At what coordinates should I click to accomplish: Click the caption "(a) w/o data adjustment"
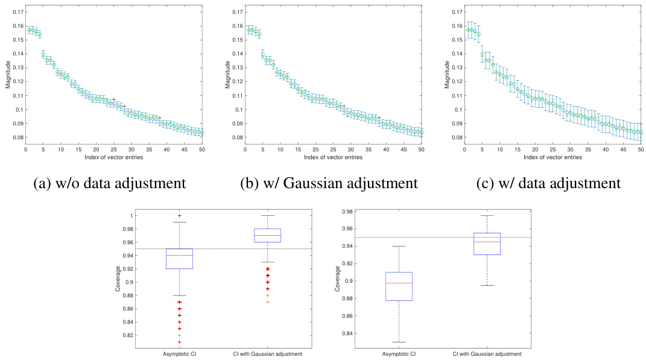tap(110, 183)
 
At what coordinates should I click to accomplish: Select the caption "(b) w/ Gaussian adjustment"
tap(329, 183)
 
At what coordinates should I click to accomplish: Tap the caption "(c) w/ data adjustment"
tap(548, 183)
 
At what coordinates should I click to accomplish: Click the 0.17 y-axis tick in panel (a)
tap(17, 12)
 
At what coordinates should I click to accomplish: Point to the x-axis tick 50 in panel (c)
tap(641, 150)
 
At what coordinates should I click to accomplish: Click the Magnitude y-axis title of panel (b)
tap(227, 75)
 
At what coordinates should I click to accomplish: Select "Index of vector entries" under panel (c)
tap(553, 157)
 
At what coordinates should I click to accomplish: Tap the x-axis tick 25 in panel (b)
tap(334, 150)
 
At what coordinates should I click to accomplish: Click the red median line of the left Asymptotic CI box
tap(179, 256)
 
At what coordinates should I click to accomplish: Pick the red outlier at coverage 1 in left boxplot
tap(179, 215)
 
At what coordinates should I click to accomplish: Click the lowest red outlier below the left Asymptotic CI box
tap(179, 342)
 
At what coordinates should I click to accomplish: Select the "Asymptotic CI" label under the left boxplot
tap(179, 354)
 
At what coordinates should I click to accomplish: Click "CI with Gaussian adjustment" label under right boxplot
tap(487, 354)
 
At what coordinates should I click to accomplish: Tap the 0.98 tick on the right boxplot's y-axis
tap(347, 212)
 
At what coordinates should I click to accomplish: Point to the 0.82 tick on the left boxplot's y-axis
tap(128, 335)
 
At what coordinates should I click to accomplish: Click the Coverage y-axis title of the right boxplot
tap(338, 279)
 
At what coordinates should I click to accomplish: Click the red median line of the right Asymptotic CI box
tap(399, 283)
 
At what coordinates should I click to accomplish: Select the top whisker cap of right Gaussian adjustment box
tap(487, 215)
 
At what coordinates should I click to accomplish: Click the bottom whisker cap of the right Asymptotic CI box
tap(399, 342)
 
